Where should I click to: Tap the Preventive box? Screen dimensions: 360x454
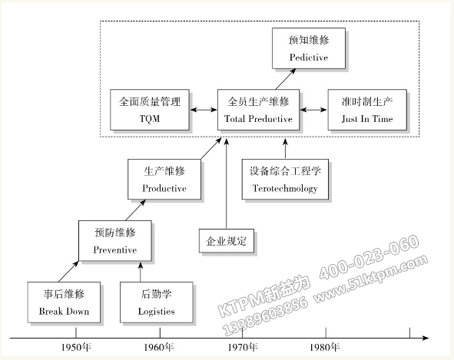tap(114, 239)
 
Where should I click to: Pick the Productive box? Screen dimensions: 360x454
tap(164, 178)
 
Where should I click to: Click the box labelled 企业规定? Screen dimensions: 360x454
tap(226, 241)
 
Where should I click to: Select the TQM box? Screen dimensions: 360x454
tap(151, 109)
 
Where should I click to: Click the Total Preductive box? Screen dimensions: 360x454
tap(258, 109)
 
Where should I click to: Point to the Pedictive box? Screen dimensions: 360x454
tap(309, 48)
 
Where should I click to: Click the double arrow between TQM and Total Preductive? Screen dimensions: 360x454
tap(204, 110)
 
